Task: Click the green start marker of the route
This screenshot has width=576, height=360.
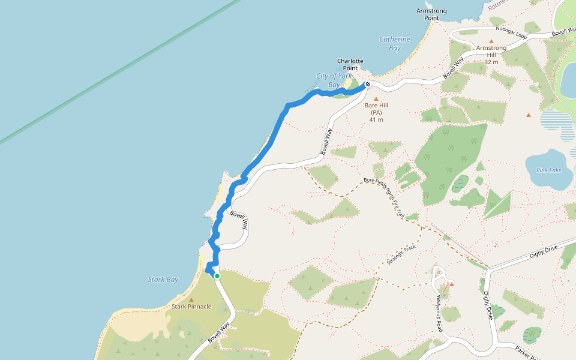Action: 217,276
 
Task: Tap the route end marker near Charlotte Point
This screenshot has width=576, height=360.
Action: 367,85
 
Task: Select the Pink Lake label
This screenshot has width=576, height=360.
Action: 548,170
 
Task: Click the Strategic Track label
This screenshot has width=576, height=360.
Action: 401,256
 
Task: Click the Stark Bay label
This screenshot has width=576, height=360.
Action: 163,280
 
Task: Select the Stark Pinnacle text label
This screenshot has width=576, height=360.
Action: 191,307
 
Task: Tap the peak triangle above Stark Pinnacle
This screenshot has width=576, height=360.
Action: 191,299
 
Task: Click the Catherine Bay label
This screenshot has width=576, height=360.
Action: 394,44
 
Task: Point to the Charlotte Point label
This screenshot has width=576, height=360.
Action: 350,64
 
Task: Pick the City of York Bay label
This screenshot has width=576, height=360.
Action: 334,80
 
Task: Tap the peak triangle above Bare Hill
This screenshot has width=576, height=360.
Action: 376,98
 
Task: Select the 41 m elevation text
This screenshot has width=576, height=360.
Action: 376,119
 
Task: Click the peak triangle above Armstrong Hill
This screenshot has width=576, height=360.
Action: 491,41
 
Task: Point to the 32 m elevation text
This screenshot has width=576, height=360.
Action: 491,62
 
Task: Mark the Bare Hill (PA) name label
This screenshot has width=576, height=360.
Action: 376,109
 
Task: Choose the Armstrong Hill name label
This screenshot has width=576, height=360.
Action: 491,51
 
